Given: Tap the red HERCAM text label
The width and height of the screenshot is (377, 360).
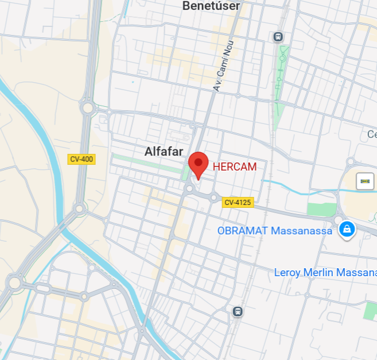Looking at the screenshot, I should tap(234, 167).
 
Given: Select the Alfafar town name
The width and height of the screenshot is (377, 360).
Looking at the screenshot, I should tap(164, 152).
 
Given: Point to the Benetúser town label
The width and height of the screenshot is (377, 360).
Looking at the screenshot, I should tap(211, 6).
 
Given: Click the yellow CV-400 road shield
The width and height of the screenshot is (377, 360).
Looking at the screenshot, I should tap(81, 159).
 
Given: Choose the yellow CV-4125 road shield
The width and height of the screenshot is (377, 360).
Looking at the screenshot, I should tap(238, 202).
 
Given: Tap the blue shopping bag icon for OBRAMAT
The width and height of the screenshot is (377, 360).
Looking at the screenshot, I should tap(347, 230).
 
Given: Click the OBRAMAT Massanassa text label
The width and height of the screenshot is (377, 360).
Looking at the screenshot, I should tap(274, 231).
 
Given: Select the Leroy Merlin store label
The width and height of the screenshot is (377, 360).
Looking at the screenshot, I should tap(325, 272).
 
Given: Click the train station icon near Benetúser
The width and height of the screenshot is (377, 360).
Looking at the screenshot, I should tap(278, 37).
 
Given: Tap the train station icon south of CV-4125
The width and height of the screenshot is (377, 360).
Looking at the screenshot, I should tap(237, 311).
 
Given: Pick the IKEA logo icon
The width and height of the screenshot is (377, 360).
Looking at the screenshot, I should tap(365, 181).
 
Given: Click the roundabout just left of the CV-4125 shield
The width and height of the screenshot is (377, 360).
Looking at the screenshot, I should tap(213, 199).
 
